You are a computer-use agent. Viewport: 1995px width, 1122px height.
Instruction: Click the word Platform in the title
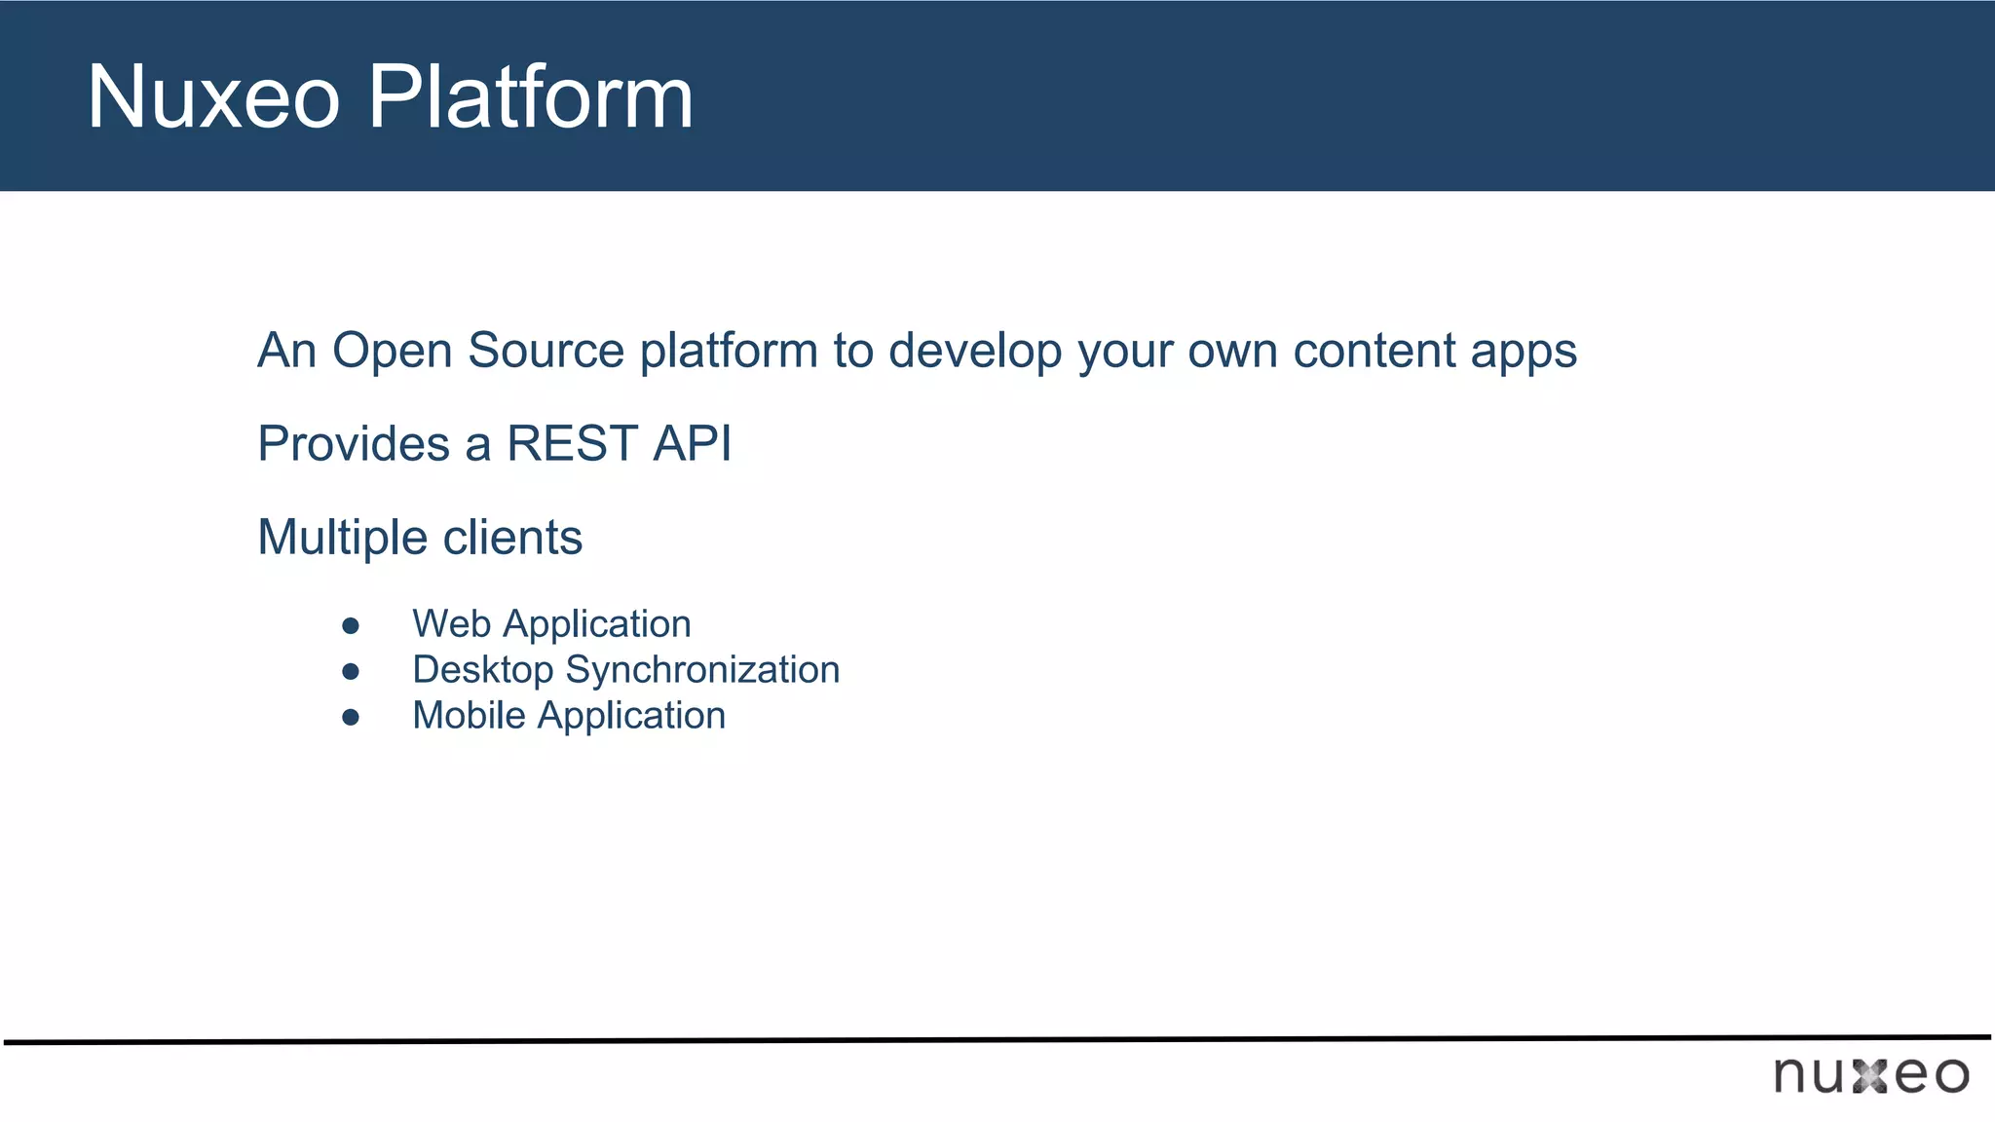tap(530, 96)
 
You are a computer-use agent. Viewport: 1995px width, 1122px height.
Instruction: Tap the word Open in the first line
tap(394, 351)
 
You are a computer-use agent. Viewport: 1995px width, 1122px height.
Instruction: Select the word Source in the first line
tap(546, 351)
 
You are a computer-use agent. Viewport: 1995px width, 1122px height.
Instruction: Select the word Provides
tap(354, 444)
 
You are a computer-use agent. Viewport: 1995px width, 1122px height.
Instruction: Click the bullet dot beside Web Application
tap(351, 625)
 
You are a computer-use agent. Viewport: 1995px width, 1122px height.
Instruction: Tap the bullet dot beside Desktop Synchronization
tap(351, 671)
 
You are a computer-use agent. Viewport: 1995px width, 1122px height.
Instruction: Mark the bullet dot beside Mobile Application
tap(351, 718)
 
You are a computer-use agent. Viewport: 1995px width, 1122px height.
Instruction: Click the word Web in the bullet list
tap(451, 624)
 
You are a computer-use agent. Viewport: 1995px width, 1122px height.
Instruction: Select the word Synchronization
tap(702, 671)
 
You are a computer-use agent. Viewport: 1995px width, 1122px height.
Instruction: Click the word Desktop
tap(482, 671)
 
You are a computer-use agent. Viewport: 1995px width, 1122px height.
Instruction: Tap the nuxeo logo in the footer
tap(1870, 1074)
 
